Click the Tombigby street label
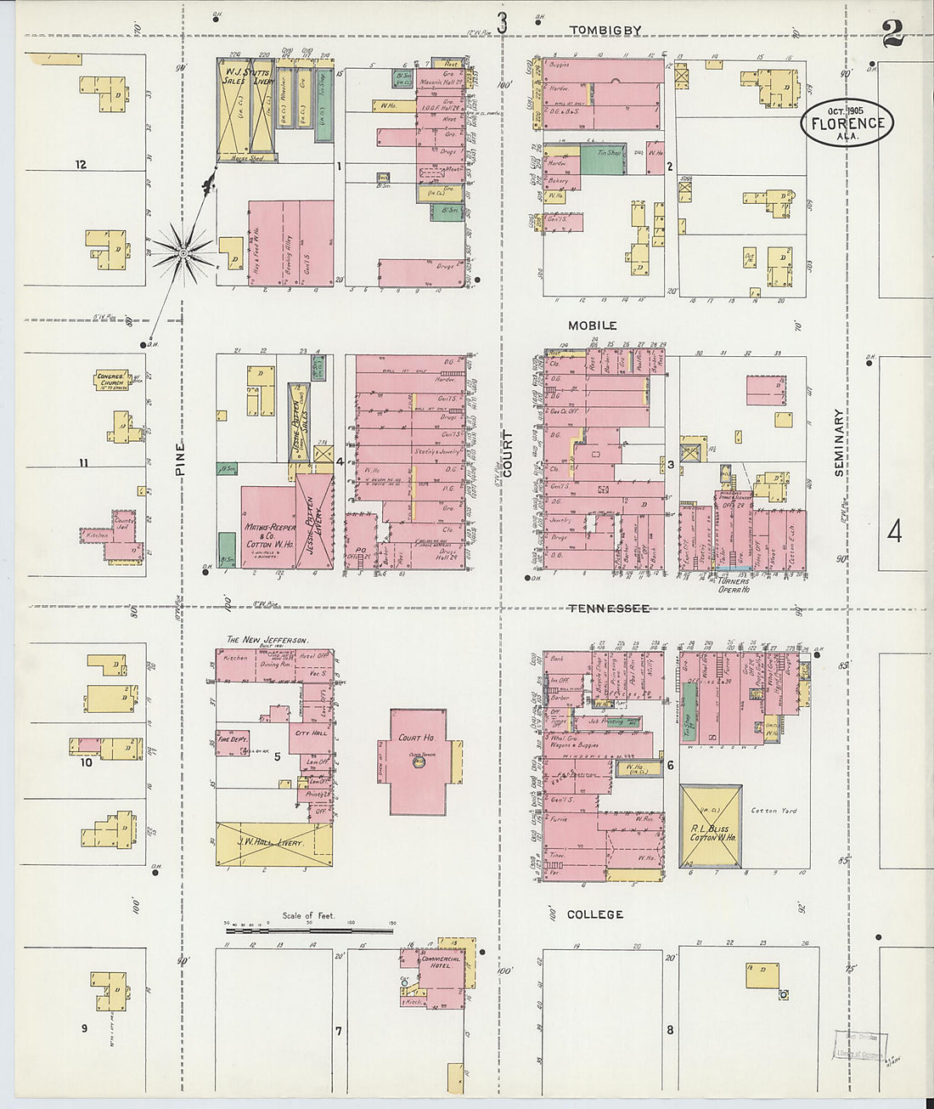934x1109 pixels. coord(605,31)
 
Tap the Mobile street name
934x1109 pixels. coord(593,325)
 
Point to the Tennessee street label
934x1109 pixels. coord(609,608)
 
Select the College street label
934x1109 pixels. coord(595,914)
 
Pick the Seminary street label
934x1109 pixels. coord(839,442)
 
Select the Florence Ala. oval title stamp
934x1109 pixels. coord(847,122)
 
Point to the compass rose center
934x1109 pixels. coord(183,252)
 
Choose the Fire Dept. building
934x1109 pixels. coord(232,741)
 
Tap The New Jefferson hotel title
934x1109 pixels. coord(267,639)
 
